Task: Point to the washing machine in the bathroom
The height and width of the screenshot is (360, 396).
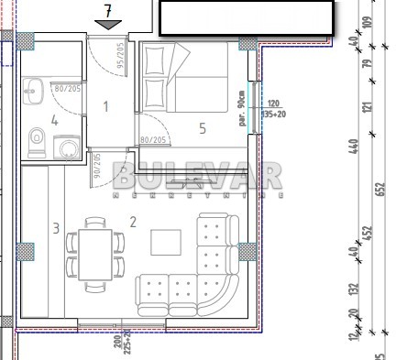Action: point(66,147)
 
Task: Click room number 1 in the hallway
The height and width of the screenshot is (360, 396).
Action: point(105,107)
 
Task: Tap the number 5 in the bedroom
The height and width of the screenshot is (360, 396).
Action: point(203,129)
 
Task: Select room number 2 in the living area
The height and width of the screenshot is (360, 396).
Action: point(133,221)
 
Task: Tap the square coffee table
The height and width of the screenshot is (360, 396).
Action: point(166,242)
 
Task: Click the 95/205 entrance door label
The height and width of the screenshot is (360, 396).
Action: point(120,58)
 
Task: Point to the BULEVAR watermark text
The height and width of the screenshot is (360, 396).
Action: point(197,174)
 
